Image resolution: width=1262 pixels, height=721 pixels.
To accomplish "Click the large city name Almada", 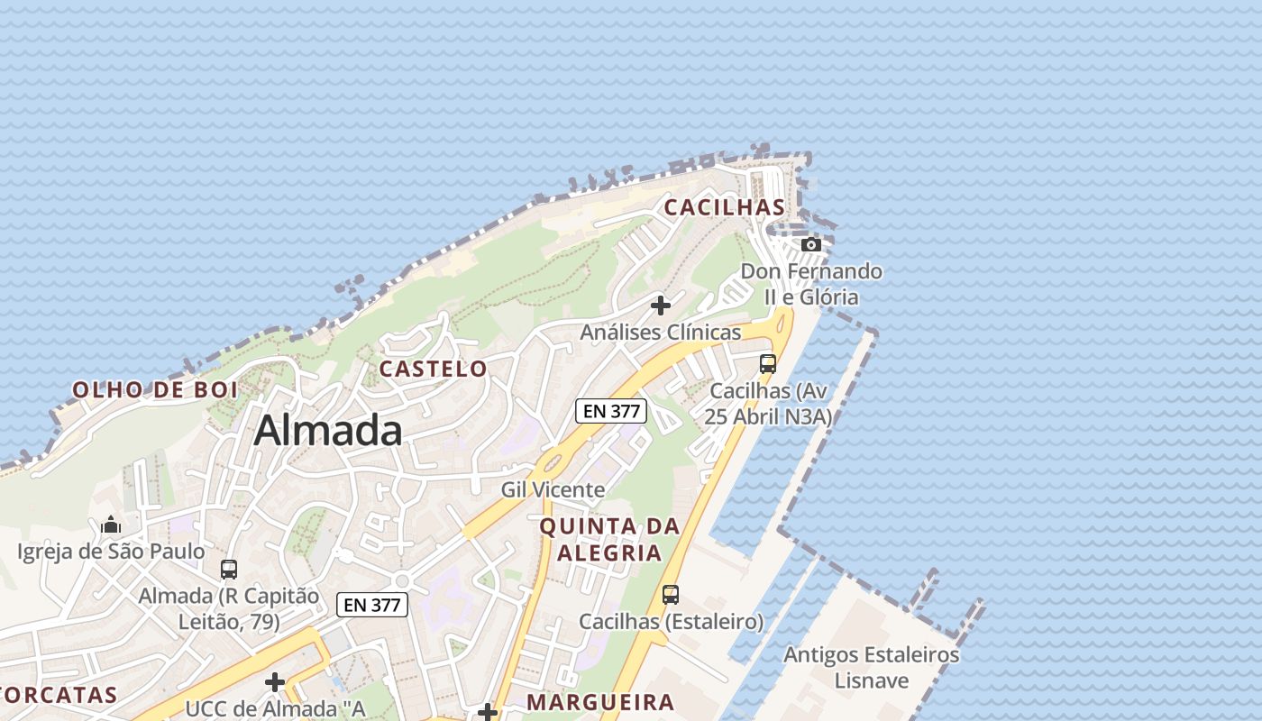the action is (328, 431).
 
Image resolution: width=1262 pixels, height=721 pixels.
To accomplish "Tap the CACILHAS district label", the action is (725, 207).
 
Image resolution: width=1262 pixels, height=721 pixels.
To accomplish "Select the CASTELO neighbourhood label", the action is (433, 369).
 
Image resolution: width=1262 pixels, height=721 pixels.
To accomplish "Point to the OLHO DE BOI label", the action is (155, 390).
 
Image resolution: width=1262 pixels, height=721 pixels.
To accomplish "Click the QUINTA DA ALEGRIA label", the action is (609, 539).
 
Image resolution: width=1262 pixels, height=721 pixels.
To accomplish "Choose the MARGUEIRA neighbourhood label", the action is (600, 702).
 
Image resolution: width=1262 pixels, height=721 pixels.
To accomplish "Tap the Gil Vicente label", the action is (553, 489).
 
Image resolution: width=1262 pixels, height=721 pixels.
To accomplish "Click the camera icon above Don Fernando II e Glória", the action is (811, 244).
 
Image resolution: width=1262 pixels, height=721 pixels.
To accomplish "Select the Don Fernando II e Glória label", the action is (811, 284).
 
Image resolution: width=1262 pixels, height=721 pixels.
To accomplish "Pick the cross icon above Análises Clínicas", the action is (661, 306).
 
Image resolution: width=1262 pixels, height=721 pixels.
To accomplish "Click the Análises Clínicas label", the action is (661, 332).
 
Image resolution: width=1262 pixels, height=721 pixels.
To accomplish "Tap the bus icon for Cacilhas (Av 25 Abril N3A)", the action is (768, 364).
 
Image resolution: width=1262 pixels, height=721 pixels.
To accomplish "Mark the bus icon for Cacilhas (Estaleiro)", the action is (671, 595).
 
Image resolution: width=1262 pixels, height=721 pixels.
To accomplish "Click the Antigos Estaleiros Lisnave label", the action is (872, 667).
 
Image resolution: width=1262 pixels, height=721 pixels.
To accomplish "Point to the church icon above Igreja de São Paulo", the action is (111, 524).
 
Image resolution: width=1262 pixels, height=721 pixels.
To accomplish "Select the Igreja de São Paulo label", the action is (111, 551).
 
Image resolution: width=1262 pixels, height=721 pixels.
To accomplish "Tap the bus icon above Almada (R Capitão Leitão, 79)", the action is (229, 570).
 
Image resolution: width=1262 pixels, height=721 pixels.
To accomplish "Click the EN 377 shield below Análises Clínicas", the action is (611, 411).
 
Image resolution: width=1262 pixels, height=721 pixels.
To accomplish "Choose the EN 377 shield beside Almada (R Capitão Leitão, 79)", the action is (372, 605).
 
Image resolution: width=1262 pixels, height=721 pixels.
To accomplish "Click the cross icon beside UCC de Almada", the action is (275, 682).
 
